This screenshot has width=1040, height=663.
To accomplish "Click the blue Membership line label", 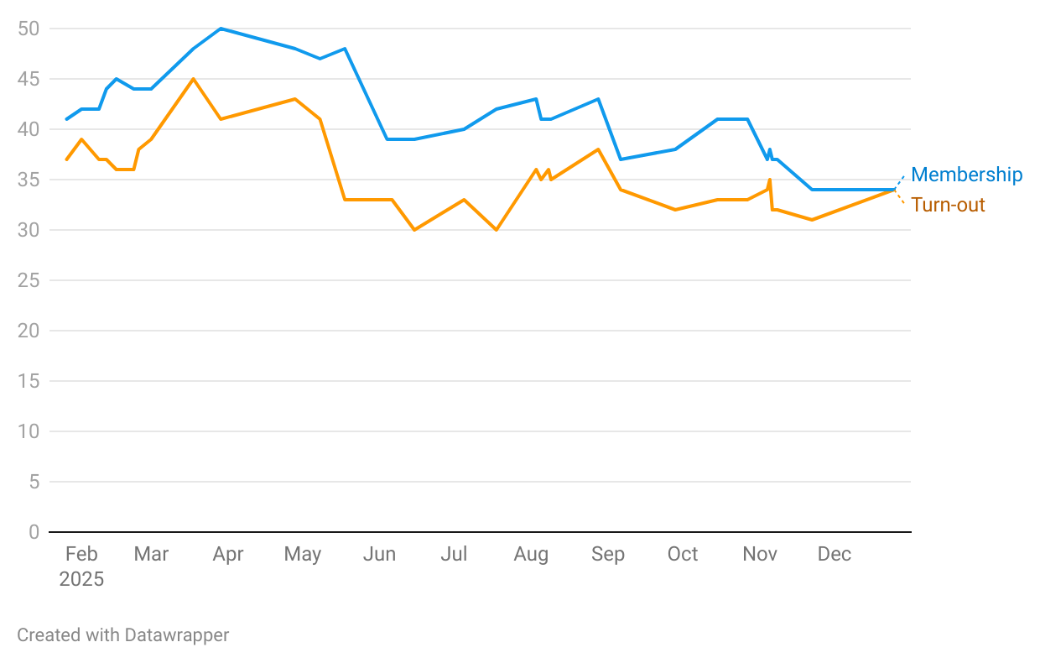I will point(966,175).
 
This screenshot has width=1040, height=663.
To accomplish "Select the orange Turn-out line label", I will point(948,205).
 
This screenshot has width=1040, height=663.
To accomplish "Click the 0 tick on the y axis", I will point(34,532).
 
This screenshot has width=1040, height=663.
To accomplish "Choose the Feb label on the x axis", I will point(81,554).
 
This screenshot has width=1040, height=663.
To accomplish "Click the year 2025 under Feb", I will point(81,579).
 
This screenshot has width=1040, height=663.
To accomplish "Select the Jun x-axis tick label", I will point(379,554).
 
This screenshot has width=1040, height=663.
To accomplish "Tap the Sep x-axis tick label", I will point(607,554).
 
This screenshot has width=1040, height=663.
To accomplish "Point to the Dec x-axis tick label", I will point(835,554).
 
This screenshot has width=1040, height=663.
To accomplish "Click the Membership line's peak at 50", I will point(221,29).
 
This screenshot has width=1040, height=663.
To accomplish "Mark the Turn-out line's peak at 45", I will point(193,79).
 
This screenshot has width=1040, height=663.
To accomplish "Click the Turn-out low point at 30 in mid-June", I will point(414,230).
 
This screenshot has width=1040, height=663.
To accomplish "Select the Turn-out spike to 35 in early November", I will point(769,180).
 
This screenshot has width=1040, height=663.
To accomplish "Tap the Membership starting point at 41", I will point(66,119).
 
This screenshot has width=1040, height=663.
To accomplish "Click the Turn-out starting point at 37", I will point(66,159).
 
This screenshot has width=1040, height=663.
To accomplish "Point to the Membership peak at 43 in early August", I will point(537,99).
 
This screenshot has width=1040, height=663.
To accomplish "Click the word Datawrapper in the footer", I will point(177,635).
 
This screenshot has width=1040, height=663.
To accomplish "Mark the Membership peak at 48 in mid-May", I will point(345,49).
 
